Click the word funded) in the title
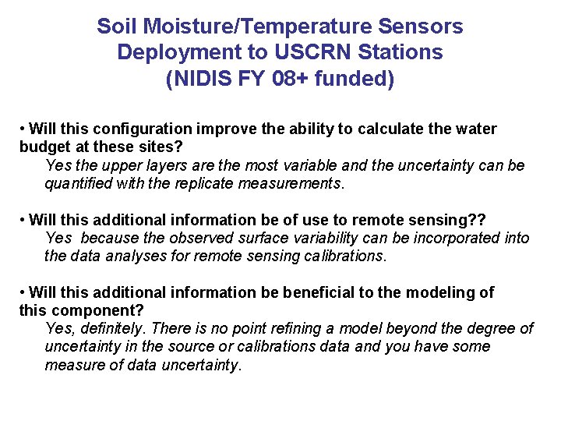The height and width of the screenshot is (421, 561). (x=355, y=80)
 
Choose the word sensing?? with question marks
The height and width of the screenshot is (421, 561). (x=457, y=220)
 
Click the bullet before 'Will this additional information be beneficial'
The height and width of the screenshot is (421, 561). (x=23, y=293)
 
